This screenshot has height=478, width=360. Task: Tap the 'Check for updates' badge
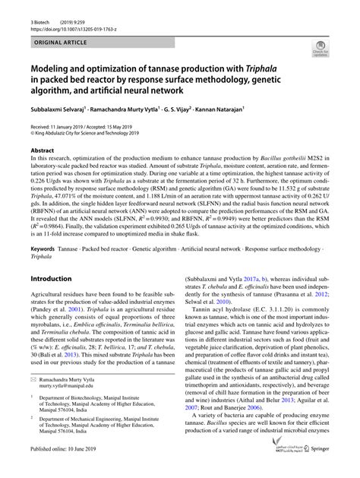[x=320, y=50]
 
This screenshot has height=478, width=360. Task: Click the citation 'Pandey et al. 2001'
[x=53, y=290]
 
